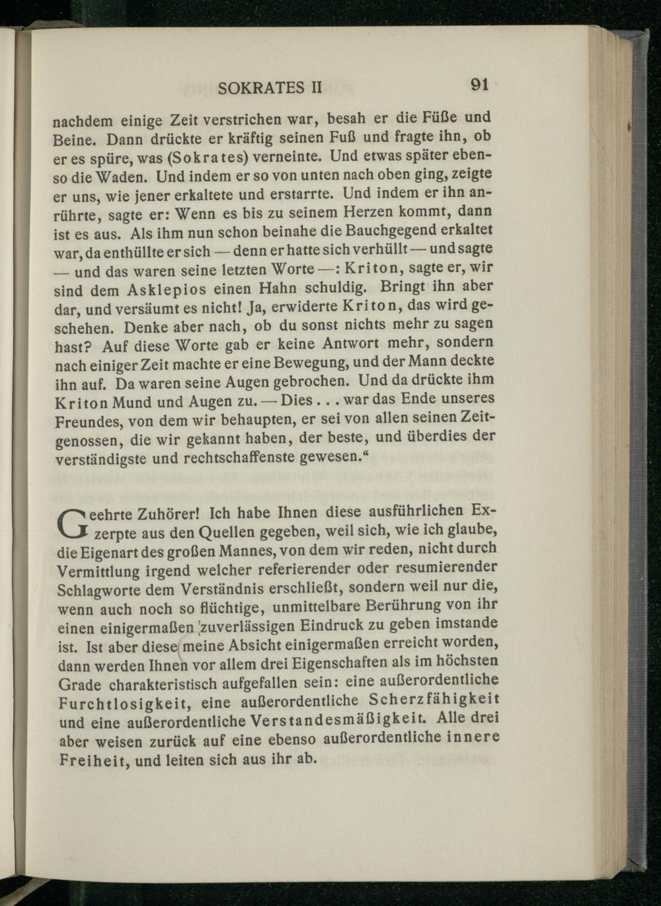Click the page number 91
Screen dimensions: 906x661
click(480, 85)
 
